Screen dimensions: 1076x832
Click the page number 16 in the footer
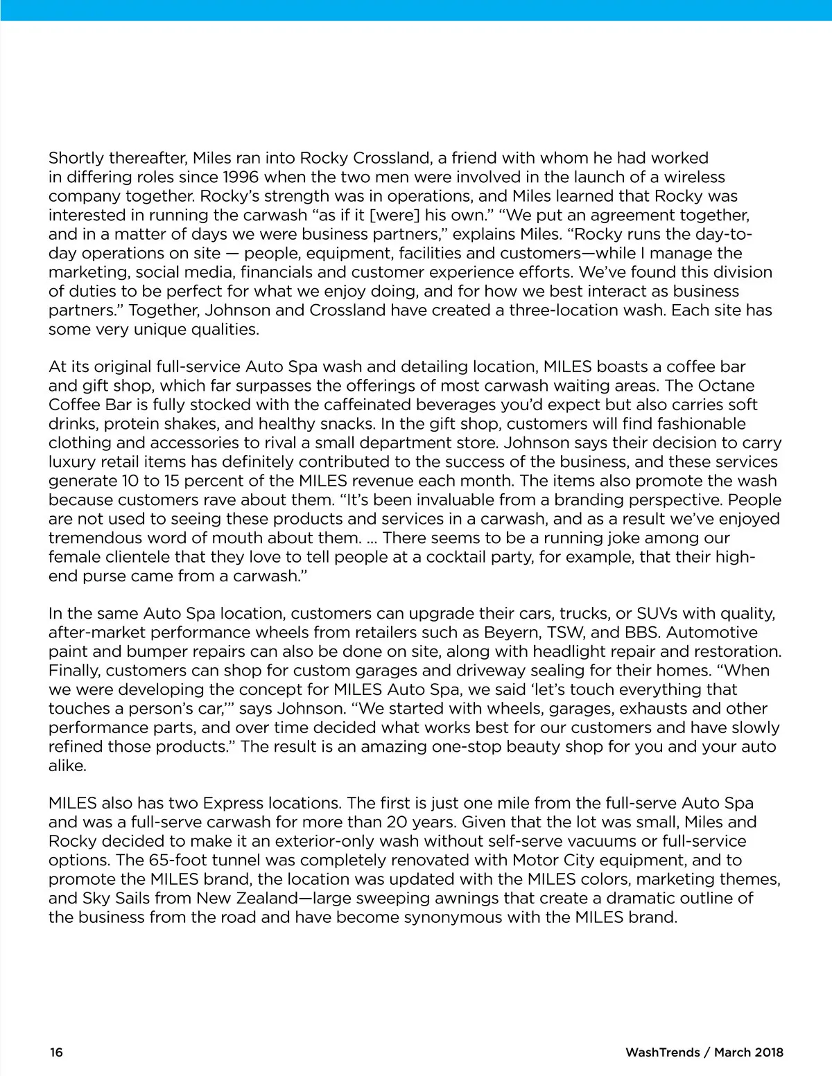(56, 1052)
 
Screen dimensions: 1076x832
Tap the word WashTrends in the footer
(663, 1052)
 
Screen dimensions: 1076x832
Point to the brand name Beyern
(510, 632)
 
